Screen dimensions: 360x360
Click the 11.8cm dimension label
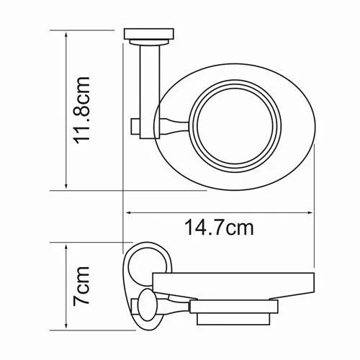click(x=82, y=110)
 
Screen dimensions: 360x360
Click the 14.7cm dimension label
click(x=219, y=228)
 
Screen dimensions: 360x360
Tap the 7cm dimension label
click(x=81, y=286)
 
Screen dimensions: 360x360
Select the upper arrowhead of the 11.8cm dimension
click(x=66, y=35)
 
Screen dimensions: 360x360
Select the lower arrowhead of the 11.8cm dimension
click(x=66, y=184)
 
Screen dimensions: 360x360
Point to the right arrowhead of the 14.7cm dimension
click(x=309, y=212)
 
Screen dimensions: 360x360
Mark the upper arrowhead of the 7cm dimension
click(x=66, y=248)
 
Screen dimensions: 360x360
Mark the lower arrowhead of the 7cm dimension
click(x=66, y=325)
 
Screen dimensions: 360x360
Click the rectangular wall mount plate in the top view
click(x=149, y=34)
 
